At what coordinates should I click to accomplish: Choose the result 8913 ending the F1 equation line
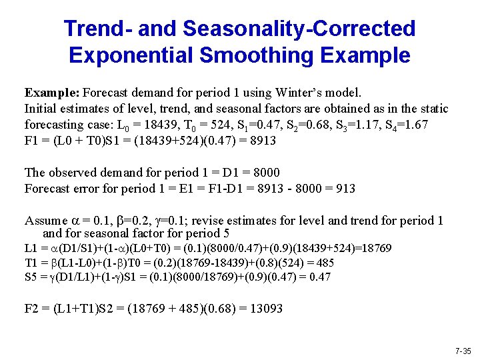pyautogui.click(x=262, y=141)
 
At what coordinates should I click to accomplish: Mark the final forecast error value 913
pyautogui.click(x=345, y=189)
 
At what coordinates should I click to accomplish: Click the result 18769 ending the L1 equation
pyautogui.click(x=377, y=249)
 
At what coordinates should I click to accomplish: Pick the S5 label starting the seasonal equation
pyautogui.click(x=31, y=276)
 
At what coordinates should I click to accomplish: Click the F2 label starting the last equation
pyautogui.click(x=32, y=309)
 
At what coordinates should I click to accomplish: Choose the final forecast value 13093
pyautogui.click(x=264, y=309)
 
